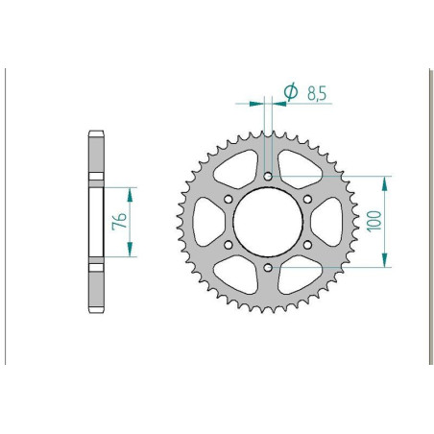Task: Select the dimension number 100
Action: point(375,221)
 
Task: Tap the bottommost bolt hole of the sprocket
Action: point(267,267)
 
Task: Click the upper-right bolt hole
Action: point(306,199)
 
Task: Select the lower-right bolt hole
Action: point(306,244)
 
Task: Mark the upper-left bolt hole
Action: point(228,199)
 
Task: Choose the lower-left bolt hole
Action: point(228,244)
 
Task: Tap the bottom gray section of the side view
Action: point(97,287)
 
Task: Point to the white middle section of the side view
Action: point(97,221)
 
